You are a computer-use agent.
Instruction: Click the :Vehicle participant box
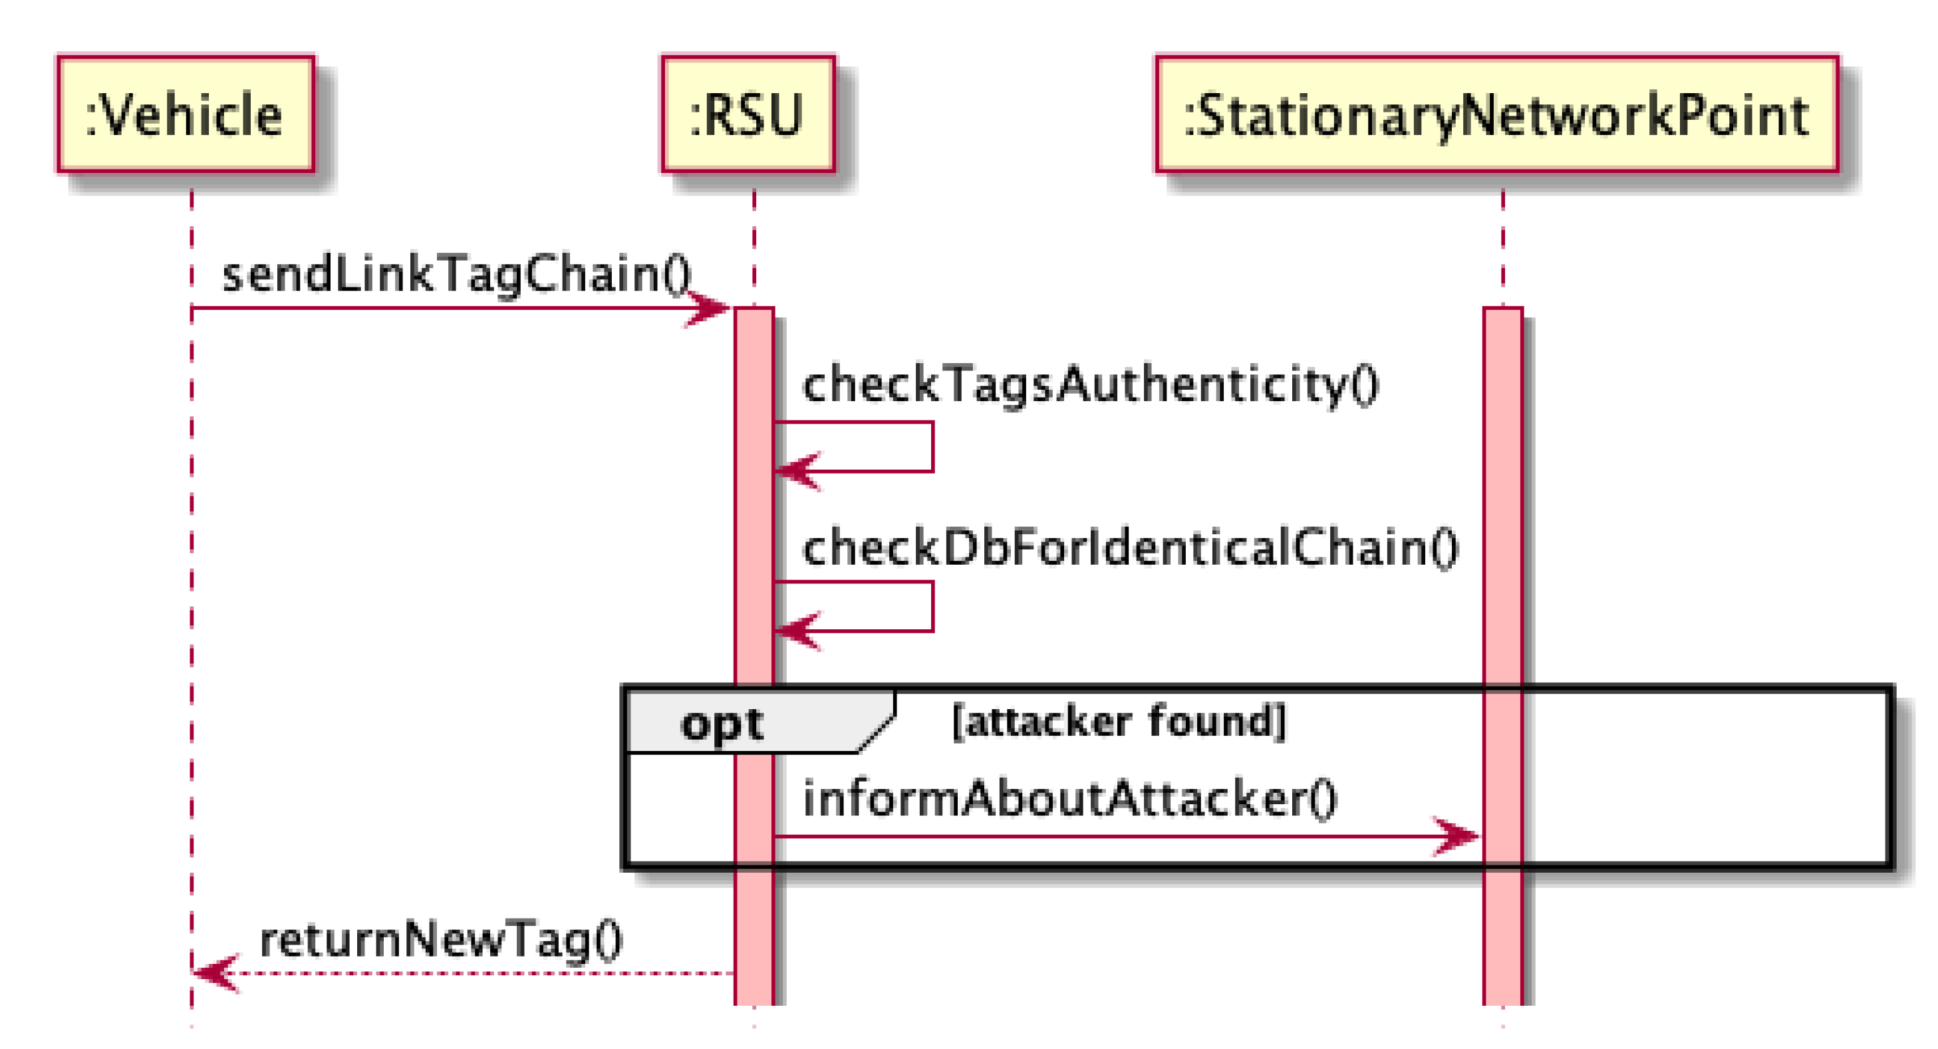[186, 114]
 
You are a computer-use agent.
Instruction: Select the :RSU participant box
[748, 114]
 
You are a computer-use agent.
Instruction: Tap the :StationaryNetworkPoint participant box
[1496, 114]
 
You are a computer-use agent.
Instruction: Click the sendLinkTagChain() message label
[456, 274]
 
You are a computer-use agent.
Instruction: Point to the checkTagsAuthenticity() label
[1091, 384]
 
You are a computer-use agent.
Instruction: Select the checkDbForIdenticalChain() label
[1131, 548]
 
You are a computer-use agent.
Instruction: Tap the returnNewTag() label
[441, 940]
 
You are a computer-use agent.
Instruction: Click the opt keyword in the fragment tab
[722, 724]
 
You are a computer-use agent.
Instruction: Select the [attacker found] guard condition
[1119, 721]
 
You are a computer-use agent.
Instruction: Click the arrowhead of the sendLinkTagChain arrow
[711, 308]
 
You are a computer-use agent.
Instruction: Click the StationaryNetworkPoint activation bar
[1502, 527]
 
